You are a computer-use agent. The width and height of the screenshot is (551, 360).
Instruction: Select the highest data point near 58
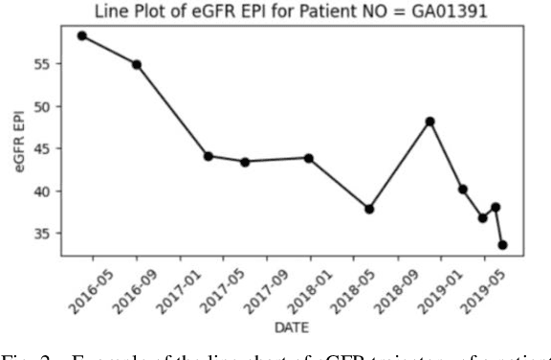(x=82, y=35)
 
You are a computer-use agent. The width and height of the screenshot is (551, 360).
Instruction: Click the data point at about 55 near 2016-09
(x=137, y=64)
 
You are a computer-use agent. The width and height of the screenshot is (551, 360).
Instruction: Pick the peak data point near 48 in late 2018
(x=430, y=122)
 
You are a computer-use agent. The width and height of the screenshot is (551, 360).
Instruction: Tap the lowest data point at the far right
(x=502, y=244)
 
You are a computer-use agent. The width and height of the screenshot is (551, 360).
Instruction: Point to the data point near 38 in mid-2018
(x=369, y=209)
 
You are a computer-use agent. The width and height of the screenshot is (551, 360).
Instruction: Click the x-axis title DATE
(x=282, y=328)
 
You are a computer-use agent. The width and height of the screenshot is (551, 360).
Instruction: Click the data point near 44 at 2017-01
(x=208, y=155)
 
